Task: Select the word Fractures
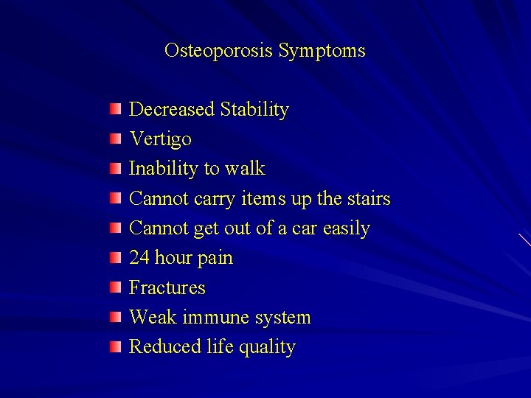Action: [167, 287]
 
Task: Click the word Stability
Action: [254, 111]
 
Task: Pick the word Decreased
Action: [173, 110]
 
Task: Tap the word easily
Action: [346, 229]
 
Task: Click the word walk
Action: [244, 169]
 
